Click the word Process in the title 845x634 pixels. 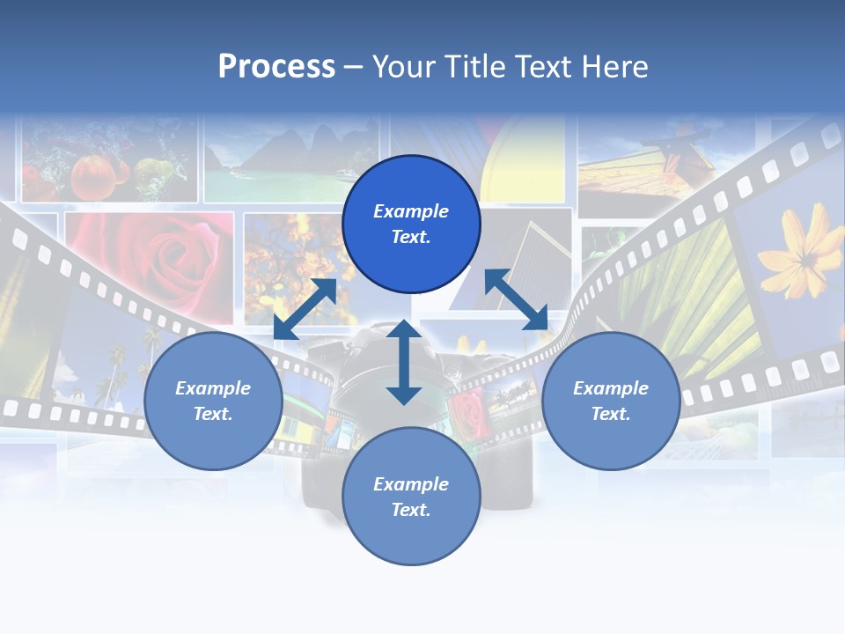[x=276, y=67]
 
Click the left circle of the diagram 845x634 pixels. [x=213, y=401]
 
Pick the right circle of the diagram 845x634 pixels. [x=611, y=401]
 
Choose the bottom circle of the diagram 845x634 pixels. [x=411, y=497]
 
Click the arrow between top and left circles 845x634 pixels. [x=305, y=308]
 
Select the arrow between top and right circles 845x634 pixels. [x=516, y=299]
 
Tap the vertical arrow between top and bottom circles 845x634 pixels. [x=404, y=362]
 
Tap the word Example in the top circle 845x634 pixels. [x=411, y=211]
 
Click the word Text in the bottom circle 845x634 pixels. [x=408, y=510]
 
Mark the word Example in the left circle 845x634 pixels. [x=213, y=388]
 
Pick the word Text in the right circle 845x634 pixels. [x=608, y=414]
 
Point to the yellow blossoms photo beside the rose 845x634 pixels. [x=290, y=255]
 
